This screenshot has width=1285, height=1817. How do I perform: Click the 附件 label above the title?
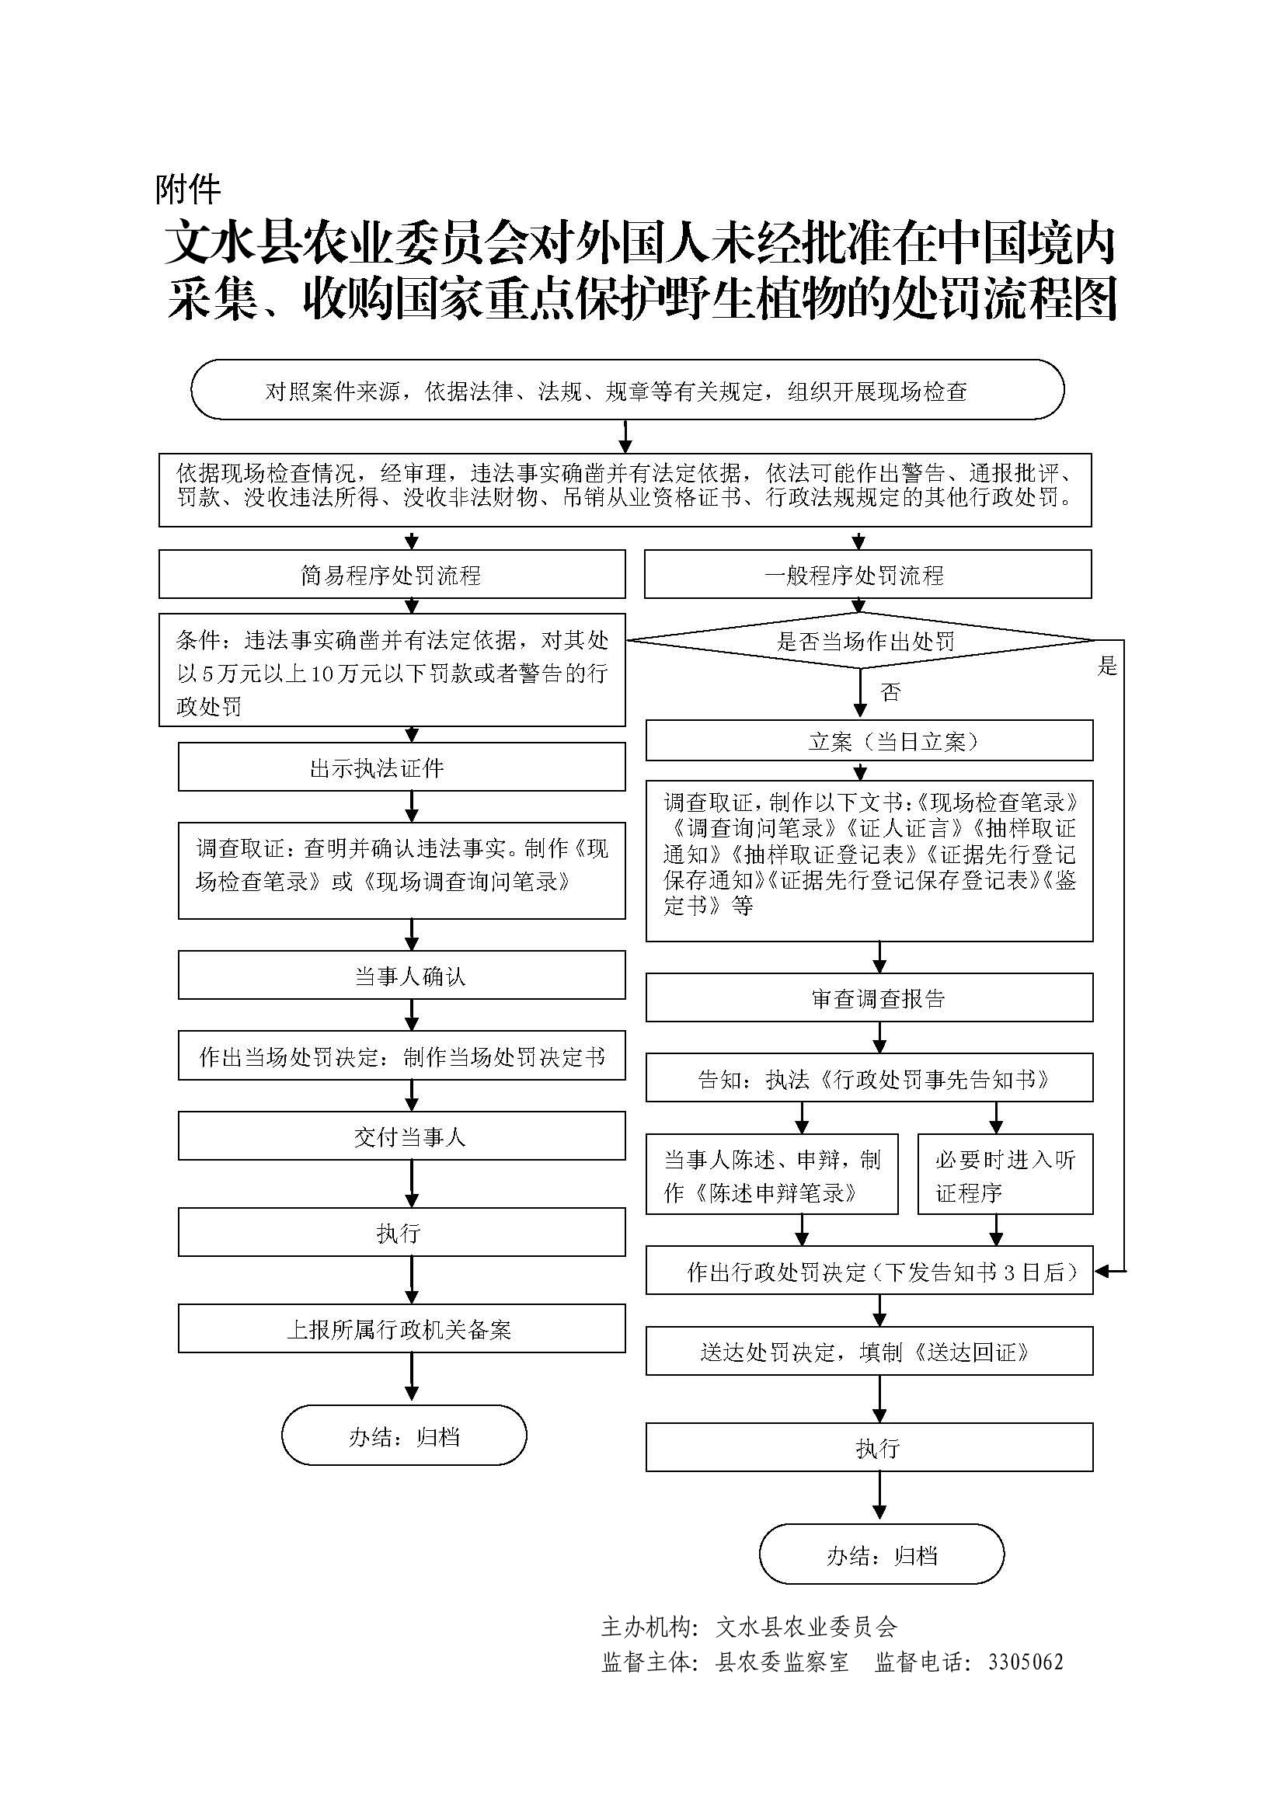187,189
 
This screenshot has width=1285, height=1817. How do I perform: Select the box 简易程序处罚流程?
392,575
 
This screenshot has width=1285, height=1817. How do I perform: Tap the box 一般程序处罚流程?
867,575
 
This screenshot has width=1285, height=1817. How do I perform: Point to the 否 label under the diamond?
890,693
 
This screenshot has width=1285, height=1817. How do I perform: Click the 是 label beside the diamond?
1107,667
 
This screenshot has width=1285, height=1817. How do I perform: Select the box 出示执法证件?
401,767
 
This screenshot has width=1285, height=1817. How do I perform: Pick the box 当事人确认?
401,976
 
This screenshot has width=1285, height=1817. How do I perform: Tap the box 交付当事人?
401,1136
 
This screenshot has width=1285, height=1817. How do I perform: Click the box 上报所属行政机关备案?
401,1328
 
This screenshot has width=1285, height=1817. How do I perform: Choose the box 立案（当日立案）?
869,741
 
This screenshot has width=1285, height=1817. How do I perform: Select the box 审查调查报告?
869,999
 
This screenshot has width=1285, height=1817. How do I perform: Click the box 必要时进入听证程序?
1005,1175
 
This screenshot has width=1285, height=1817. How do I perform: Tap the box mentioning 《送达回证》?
869,1352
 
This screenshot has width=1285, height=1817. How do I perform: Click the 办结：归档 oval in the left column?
403,1436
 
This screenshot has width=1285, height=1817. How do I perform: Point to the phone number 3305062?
1025,1662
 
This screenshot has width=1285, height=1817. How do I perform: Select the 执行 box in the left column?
401,1232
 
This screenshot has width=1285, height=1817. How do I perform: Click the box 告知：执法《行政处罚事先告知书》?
869,1079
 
